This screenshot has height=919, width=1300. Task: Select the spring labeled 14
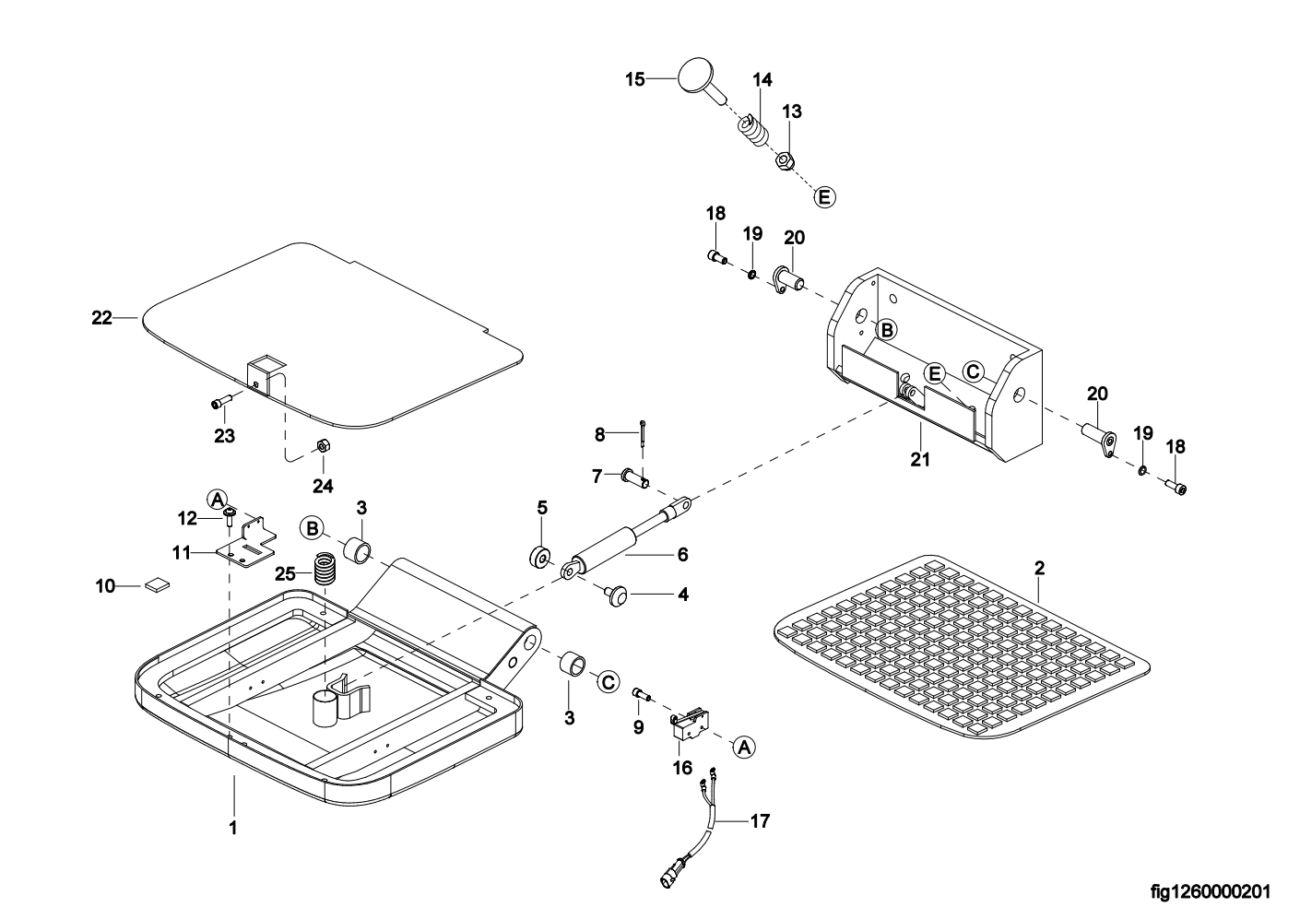752,134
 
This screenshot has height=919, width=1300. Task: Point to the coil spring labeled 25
325,569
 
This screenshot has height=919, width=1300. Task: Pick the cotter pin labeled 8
643,433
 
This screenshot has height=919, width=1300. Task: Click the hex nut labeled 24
324,445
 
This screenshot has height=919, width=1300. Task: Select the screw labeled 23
222,402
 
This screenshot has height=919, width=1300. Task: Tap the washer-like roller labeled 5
541,557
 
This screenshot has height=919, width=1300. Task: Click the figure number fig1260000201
1211,891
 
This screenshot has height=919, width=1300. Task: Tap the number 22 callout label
101,318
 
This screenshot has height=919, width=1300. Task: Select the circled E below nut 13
824,197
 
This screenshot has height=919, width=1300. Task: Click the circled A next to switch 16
744,748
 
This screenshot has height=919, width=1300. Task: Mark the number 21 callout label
920,459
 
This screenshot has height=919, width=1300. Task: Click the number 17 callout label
760,821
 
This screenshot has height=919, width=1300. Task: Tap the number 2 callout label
1039,568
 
